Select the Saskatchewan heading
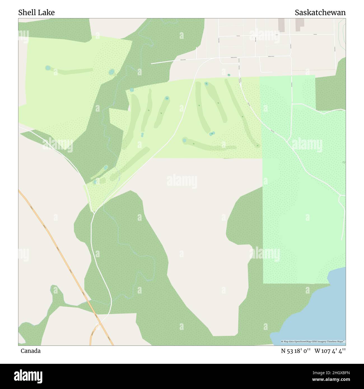(x=320, y=13)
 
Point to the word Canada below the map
(x=31, y=351)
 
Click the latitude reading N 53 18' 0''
(x=296, y=351)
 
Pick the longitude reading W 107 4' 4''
(x=330, y=351)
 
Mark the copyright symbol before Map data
(x=282, y=341)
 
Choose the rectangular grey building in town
(x=281, y=25)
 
